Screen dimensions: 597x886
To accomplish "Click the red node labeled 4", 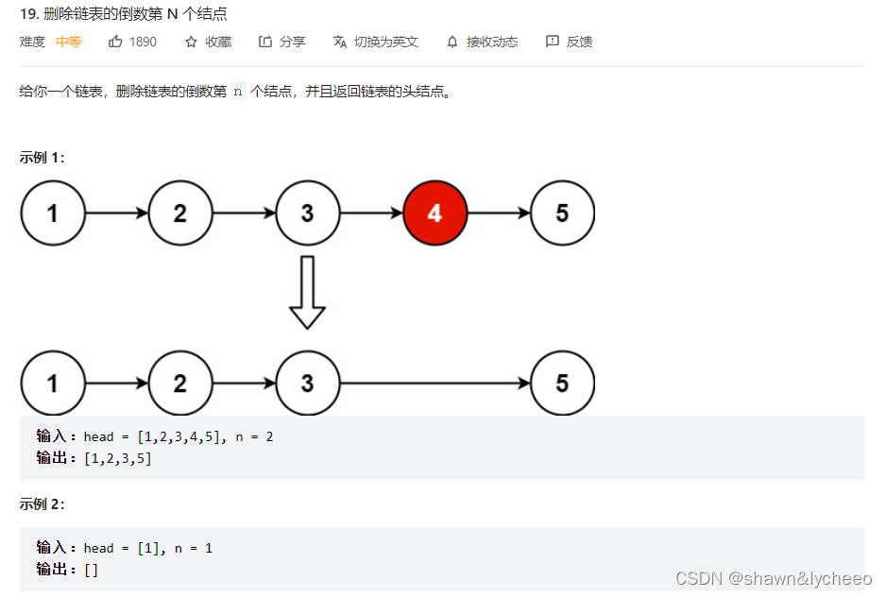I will (434, 213).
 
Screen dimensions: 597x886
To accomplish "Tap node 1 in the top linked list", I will (53, 213).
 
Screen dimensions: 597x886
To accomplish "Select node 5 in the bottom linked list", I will (562, 384).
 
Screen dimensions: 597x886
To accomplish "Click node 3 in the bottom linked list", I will (307, 384).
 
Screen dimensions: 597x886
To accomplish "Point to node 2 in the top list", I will (179, 213).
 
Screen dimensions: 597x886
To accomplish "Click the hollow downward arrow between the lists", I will (307, 292).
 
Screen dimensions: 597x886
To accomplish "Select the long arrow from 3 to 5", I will (434, 384).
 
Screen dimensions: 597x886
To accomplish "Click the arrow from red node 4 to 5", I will (499, 213).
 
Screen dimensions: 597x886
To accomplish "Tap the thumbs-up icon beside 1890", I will (116, 42).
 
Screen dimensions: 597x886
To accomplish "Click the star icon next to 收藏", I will (191, 42).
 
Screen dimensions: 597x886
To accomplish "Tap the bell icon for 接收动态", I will (452, 42).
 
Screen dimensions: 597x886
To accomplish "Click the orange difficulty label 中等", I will (69, 42).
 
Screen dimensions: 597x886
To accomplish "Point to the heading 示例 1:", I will (42, 158).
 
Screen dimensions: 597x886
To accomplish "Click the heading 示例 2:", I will (42, 504).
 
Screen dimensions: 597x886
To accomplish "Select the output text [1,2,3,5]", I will (118, 458).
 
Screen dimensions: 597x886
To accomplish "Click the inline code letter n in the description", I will (237, 92).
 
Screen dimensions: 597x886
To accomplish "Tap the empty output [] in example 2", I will (91, 570).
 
